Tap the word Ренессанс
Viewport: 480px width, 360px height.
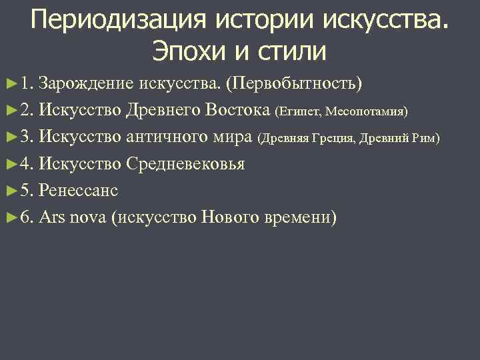coord(79,190)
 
